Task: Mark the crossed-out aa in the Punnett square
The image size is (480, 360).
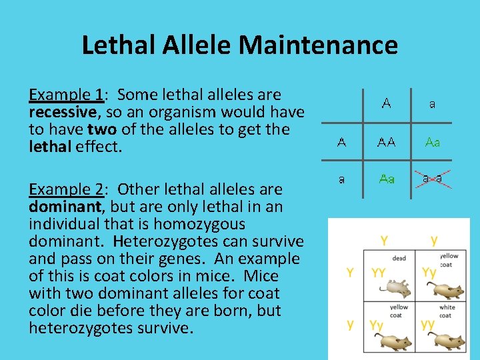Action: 434,179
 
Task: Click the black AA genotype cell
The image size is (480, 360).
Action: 387,142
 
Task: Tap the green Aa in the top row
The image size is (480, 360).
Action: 433,142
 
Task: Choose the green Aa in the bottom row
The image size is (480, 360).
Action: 387,179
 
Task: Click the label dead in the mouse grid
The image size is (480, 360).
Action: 399,258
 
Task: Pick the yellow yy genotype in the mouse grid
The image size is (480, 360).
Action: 428,325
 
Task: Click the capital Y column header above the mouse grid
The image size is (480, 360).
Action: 384,239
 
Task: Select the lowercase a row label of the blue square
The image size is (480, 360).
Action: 341,179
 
